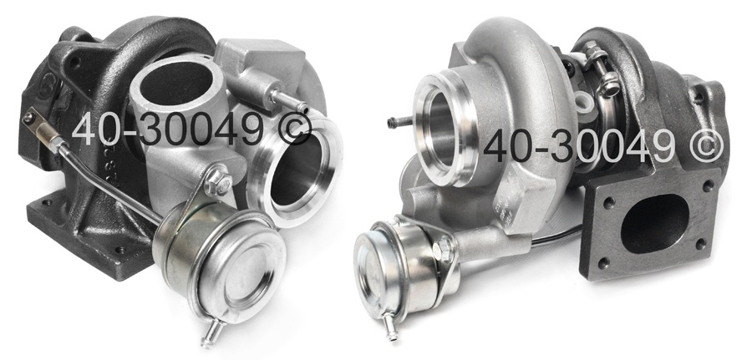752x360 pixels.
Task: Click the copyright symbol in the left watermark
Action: pos(295,129)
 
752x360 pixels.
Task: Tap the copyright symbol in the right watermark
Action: pos(707,146)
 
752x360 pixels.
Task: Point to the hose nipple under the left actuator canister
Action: pos(211,333)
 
